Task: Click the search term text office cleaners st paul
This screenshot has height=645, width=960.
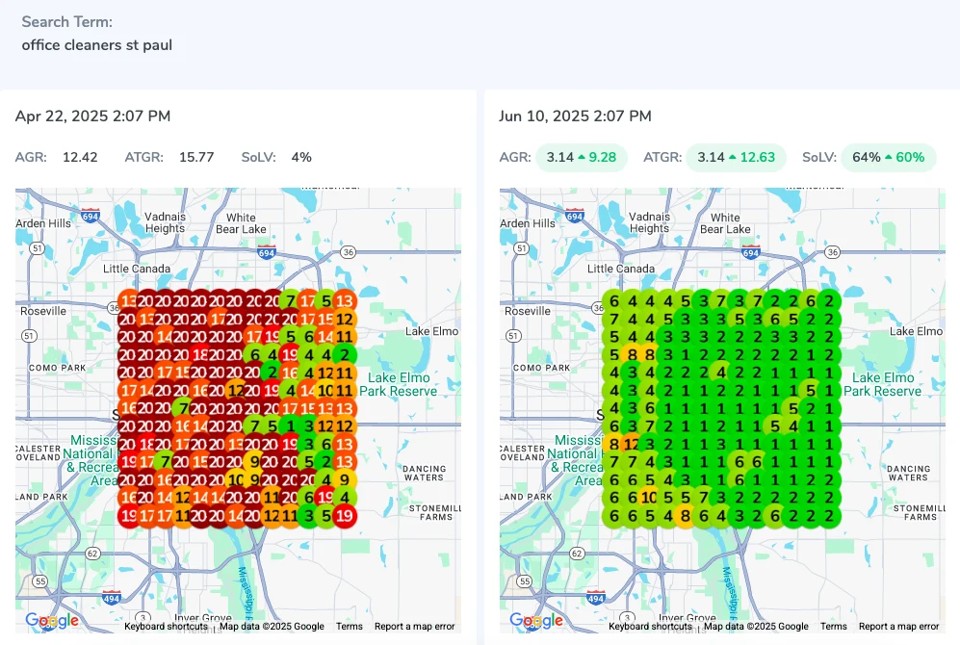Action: click(96, 45)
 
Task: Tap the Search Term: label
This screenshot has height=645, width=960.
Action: click(66, 21)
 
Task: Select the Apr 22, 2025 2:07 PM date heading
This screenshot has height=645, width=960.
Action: click(92, 116)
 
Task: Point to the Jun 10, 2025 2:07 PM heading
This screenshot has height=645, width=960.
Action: click(575, 116)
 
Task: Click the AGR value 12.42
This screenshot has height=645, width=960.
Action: click(80, 157)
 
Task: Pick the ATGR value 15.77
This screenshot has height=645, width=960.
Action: click(196, 157)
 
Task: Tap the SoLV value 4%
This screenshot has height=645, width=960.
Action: click(301, 157)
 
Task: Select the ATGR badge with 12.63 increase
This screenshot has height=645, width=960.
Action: click(736, 157)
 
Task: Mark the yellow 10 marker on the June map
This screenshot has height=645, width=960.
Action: click(650, 498)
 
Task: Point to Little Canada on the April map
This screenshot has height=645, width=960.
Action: click(137, 269)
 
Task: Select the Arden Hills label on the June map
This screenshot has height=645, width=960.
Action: click(527, 223)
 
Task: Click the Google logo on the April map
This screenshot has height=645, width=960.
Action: click(52, 621)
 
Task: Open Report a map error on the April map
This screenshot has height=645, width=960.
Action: click(414, 627)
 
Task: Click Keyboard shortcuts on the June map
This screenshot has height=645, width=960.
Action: click(650, 627)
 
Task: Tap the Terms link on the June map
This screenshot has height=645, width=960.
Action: click(834, 627)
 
